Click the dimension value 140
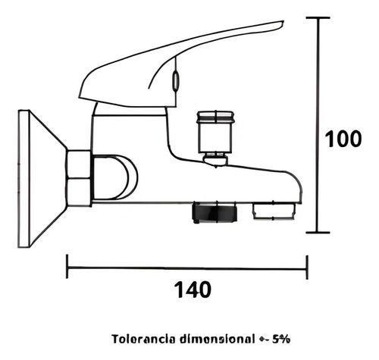click(190, 289)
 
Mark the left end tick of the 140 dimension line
click(68, 266)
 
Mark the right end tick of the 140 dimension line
click(306, 266)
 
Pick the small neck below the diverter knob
click(215, 159)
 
